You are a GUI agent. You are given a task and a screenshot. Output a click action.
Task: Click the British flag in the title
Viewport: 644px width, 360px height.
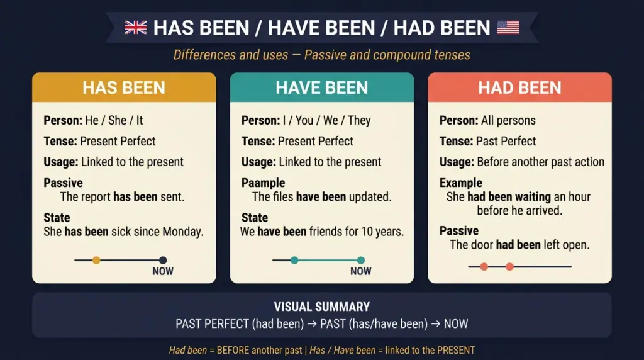[x=135, y=27]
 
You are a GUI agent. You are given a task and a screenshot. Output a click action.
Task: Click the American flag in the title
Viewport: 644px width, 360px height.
[x=508, y=27]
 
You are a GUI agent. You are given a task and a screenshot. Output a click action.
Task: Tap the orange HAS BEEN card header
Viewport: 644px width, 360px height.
[x=124, y=87]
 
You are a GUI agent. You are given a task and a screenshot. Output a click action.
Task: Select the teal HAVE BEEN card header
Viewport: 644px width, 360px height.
[x=321, y=87]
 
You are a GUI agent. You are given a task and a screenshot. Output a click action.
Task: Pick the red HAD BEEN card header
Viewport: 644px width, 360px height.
[x=519, y=87]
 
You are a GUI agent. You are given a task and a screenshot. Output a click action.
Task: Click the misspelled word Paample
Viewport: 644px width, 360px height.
[x=263, y=183]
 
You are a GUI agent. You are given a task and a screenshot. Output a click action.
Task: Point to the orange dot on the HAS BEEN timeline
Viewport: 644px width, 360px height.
[x=96, y=260]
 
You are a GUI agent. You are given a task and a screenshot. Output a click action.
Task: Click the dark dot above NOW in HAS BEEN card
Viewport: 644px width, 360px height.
[x=163, y=260]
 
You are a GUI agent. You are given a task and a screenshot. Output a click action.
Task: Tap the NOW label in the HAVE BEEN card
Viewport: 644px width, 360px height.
[x=361, y=271]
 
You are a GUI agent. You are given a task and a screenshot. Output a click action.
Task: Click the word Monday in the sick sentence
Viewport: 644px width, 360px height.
[x=182, y=232]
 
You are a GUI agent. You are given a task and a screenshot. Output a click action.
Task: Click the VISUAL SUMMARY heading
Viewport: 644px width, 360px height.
[x=321, y=307]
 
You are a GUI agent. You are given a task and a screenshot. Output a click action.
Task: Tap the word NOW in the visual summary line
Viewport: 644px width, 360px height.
[x=456, y=324]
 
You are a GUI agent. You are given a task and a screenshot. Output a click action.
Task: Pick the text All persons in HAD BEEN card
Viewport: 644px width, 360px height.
[x=509, y=120]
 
